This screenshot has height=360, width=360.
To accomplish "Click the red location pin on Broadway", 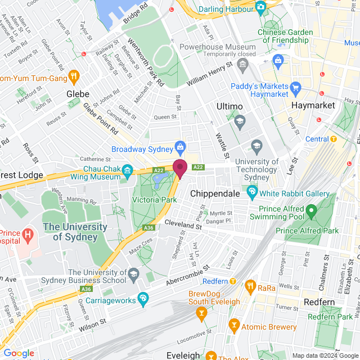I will pyautogui.click(x=179, y=168).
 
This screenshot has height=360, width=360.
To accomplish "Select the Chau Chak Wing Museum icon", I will pyautogui.click(x=128, y=170).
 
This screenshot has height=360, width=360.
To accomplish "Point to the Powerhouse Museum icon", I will pyautogui.click(x=242, y=65).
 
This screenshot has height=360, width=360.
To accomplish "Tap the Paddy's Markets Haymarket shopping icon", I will pyautogui.click(x=296, y=87).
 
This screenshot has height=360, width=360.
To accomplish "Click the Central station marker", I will pyautogui.click(x=333, y=139).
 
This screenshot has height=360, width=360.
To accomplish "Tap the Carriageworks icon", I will pyautogui.click(x=143, y=298).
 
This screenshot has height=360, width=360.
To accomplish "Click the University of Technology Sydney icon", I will pyautogui.click(x=257, y=146).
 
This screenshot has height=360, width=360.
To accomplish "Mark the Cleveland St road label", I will pyautogui.click(x=183, y=224).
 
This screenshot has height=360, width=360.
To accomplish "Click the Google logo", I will pyautogui.click(x=19, y=353).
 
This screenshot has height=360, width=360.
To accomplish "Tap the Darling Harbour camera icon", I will pyautogui.click(x=260, y=7).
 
